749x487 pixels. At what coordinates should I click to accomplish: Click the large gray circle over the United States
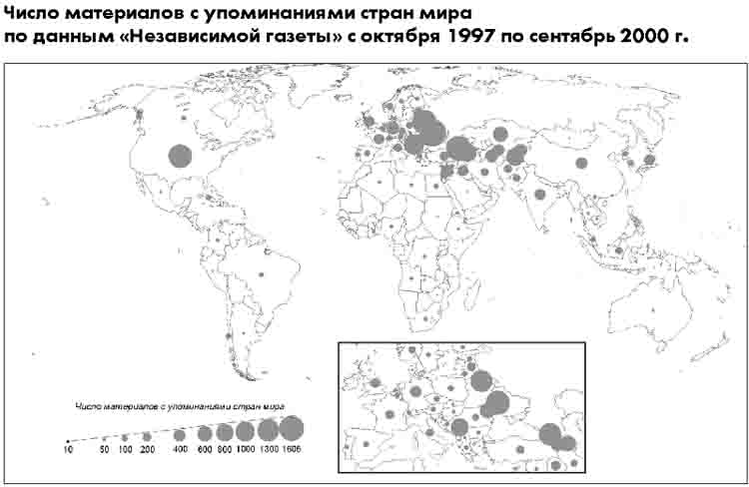(180, 155)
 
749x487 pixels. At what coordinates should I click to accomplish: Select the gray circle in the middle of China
(581, 163)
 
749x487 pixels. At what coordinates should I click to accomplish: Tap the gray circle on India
(540, 194)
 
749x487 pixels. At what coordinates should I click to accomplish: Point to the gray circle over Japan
(649, 160)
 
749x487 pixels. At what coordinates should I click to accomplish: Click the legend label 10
(68, 451)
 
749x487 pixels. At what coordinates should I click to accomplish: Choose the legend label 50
(104, 451)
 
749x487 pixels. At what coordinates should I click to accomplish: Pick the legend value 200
(147, 451)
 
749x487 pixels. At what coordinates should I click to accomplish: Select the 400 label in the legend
(180, 451)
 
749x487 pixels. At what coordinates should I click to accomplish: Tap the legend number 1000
(245, 451)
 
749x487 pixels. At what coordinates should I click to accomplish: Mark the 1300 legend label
(268, 451)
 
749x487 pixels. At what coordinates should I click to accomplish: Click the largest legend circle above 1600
(291, 428)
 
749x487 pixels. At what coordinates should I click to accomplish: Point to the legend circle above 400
(180, 435)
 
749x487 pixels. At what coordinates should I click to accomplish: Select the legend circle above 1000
(245, 431)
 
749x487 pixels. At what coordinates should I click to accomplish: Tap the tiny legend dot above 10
(68, 440)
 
